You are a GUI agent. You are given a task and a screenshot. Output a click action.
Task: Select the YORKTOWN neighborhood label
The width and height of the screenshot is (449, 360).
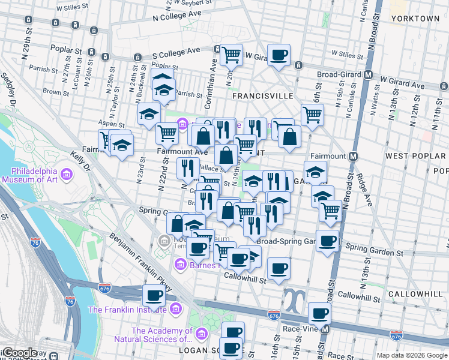coord(415,19)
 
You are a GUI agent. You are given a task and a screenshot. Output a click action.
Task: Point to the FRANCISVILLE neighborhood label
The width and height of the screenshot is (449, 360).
coord(263,95)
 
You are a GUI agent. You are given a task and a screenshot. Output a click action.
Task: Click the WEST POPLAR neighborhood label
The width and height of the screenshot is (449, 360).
coord(415,156)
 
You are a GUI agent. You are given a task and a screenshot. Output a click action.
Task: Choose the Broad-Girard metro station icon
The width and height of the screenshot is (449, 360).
coord(369,76)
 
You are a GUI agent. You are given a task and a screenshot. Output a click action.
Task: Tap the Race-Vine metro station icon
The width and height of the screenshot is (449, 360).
coord(325,329)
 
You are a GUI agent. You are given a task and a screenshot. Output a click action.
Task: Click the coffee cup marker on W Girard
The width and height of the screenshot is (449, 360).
coord(278,55)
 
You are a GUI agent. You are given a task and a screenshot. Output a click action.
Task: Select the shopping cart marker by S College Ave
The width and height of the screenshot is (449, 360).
coord(231,55)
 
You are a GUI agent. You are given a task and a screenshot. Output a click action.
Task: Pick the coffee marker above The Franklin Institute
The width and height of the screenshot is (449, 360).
coord(154,296)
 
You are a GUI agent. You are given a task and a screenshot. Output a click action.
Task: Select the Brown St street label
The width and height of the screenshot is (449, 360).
coord(53,92)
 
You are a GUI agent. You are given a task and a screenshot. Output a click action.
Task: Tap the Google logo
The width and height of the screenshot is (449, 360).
coord(19,353)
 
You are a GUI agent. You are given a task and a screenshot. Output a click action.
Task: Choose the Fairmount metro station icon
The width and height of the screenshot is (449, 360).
coord(353,156)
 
